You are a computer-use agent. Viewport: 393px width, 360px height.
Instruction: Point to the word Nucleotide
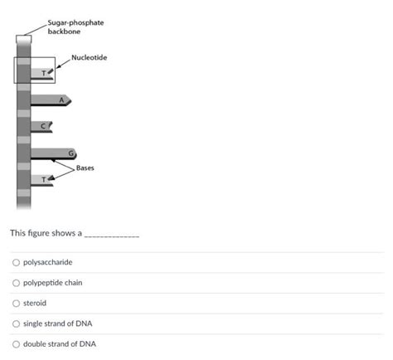90,57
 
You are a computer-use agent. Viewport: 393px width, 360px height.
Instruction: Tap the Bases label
85,168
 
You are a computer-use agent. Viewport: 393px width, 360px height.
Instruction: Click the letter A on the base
61,99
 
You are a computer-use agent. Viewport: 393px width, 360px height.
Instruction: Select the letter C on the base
45,125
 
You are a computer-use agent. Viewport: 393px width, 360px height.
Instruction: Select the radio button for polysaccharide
16,263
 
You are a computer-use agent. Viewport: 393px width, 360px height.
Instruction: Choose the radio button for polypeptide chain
16,283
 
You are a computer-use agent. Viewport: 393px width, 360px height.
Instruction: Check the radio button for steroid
16,304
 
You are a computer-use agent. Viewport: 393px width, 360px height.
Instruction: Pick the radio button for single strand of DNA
16,324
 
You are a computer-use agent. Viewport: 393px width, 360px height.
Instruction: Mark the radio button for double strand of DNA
16,343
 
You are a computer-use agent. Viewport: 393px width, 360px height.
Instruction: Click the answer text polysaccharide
47,263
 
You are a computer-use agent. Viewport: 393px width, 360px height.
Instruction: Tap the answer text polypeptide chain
52,283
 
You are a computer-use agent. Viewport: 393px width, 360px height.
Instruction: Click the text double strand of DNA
60,343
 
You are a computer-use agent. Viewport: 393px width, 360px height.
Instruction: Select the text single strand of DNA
58,324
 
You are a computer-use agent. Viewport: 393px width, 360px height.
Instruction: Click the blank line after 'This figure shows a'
112,234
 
